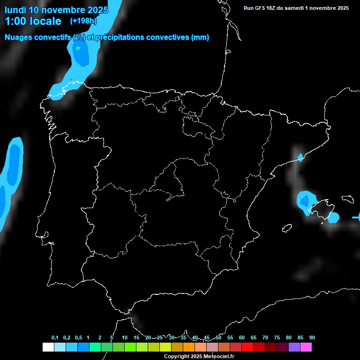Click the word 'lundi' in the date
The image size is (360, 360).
[x=15, y=10]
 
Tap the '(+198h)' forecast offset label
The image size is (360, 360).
[x=83, y=21]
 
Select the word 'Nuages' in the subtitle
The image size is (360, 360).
[x=19, y=37]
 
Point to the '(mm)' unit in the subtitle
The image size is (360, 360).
[x=200, y=37]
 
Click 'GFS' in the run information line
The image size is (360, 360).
[x=262, y=8]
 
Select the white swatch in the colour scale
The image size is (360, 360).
[x=48, y=347]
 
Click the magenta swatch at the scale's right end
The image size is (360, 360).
[x=306, y=347]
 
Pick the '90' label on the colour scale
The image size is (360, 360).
[x=312, y=337]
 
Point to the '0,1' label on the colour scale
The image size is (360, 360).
[x=55, y=337]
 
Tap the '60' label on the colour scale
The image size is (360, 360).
[x=241, y=337]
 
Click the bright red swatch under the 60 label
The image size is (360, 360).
[x=247, y=347]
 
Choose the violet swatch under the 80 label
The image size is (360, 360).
[x=294, y=347]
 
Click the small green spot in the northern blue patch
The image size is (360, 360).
[x=78, y=48]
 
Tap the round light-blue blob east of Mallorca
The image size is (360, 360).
[x=333, y=217]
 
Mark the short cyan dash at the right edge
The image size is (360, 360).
[x=356, y=217]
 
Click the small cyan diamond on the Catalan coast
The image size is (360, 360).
[x=300, y=157]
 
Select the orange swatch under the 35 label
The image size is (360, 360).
[x=189, y=347]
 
